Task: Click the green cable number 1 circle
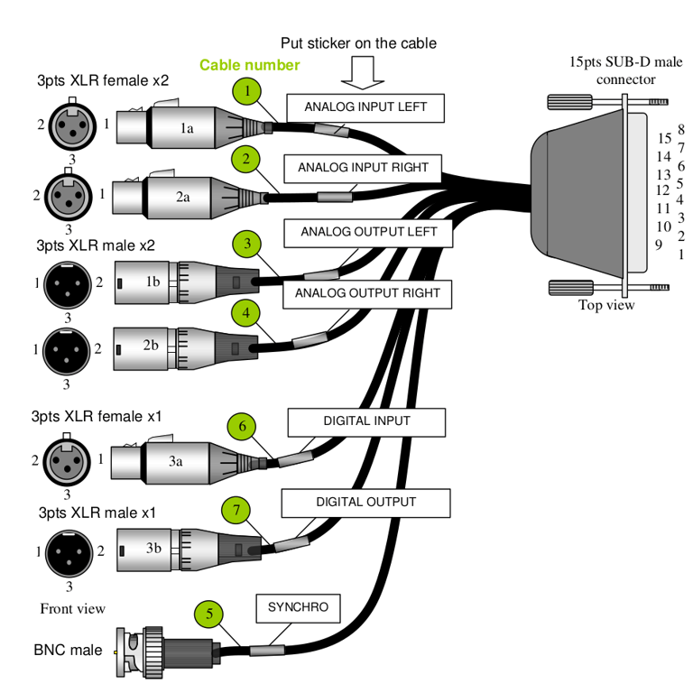coord(246,91)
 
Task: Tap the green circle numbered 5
coord(209,614)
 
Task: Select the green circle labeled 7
coord(236,511)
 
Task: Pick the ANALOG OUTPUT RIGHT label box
coord(366,293)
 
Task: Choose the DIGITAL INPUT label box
coord(366,421)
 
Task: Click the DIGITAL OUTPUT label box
coord(365,503)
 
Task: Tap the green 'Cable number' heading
coord(249,65)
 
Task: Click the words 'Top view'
coord(606,305)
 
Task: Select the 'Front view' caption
coord(72,608)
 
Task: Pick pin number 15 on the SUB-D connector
coord(664,138)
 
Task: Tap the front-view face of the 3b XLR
coord(69,550)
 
